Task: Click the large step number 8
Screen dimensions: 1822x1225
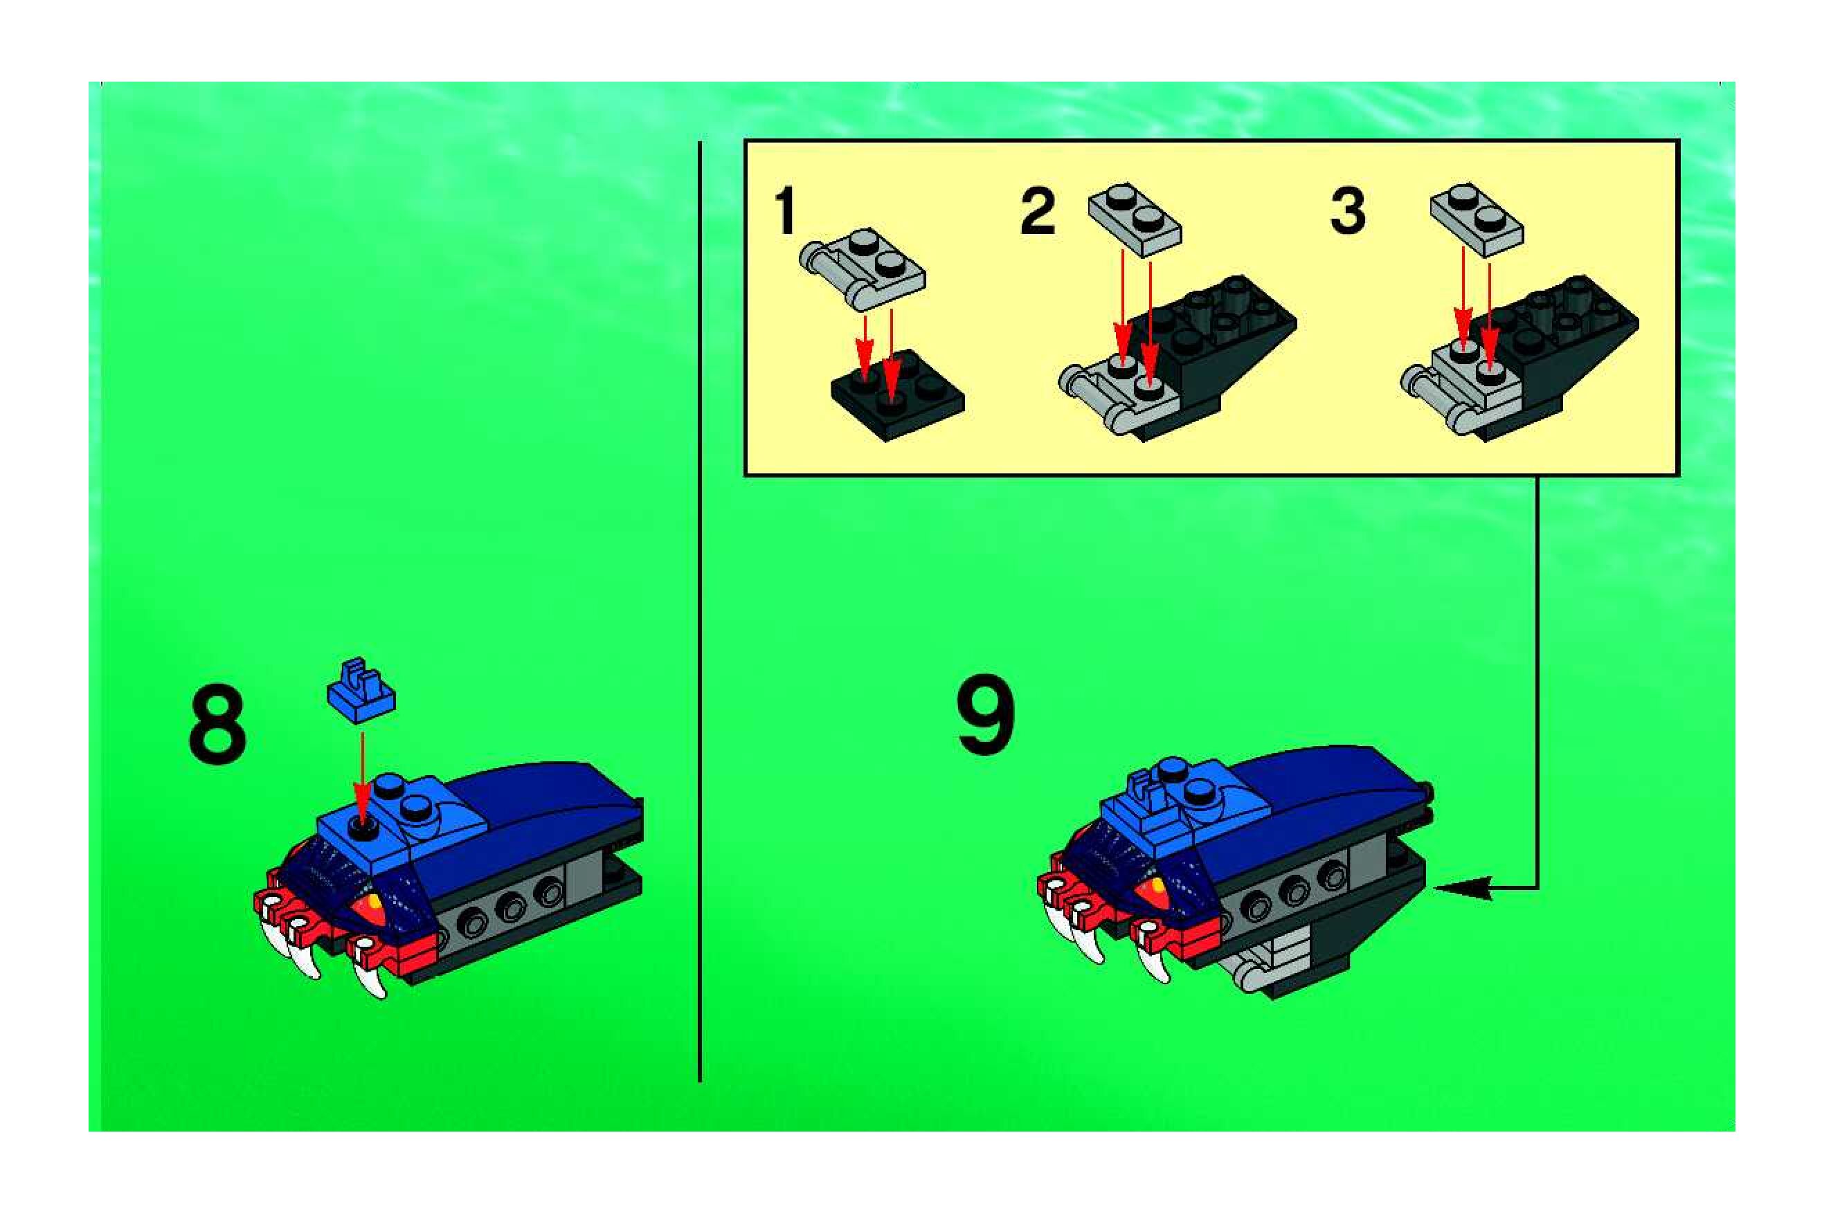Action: (217, 723)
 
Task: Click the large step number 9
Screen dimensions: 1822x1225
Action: (985, 715)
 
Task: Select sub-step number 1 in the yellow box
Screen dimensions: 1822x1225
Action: (784, 210)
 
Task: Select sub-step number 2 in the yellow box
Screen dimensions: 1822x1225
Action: (1038, 210)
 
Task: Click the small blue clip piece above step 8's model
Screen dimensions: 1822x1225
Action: (361, 690)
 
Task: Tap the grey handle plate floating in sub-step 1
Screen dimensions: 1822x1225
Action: (862, 269)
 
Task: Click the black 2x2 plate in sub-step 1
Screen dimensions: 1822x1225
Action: (897, 395)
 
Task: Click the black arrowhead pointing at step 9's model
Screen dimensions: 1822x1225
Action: (1462, 888)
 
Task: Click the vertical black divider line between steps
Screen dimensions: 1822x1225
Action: (699, 612)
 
